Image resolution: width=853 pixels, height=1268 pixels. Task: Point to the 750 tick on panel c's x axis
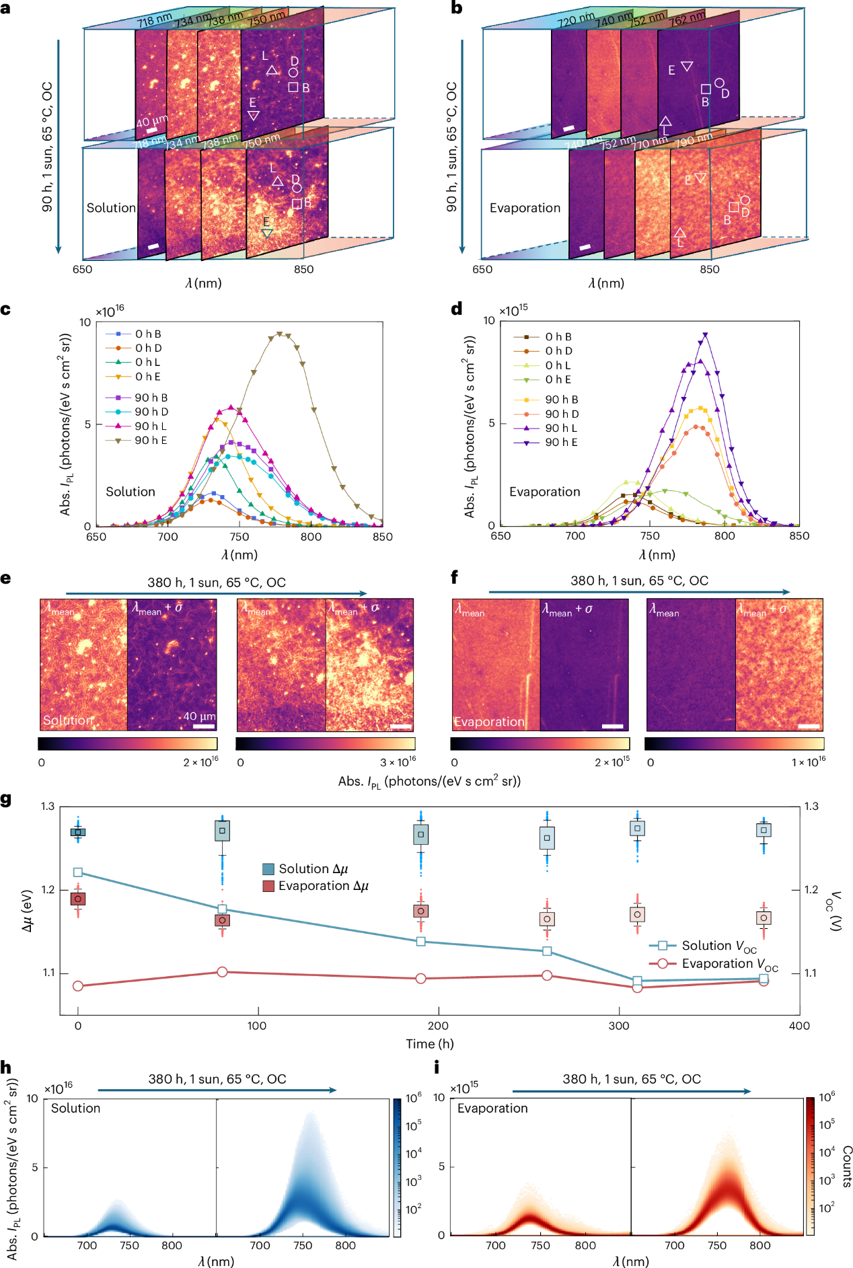point(239,537)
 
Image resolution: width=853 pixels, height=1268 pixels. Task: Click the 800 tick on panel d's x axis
point(725,536)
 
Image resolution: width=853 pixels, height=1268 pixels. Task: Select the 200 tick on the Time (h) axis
point(438,1026)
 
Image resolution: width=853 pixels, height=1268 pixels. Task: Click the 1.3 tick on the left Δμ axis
point(48,807)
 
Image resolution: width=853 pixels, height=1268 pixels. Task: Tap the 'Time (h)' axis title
point(429,1044)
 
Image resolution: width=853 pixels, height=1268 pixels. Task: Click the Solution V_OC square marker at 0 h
point(78,872)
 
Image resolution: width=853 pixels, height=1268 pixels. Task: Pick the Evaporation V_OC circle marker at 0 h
point(78,986)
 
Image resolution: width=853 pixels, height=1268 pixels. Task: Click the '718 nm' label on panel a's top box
point(154,20)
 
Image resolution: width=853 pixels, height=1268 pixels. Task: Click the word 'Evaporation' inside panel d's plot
point(544,492)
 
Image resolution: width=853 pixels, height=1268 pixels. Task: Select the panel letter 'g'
point(7,799)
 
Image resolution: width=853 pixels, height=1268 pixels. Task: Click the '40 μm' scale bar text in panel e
point(199,716)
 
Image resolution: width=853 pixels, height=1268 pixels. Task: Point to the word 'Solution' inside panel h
point(75,1108)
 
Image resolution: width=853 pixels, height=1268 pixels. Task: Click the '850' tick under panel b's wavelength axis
point(709,269)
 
